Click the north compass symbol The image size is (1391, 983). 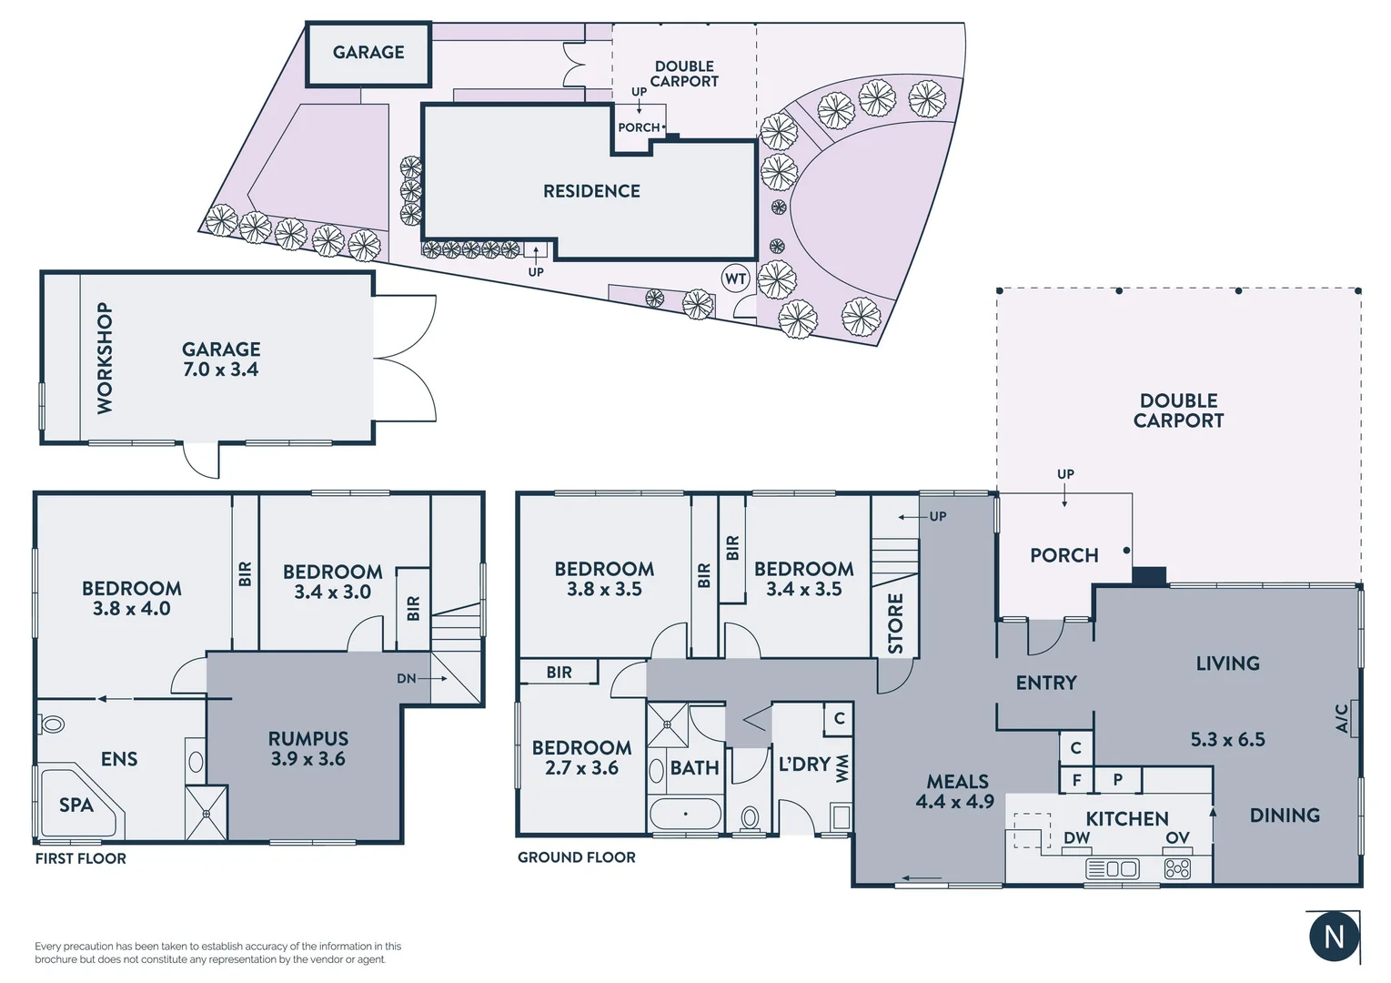[1334, 937]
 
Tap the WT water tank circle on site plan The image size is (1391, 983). [735, 279]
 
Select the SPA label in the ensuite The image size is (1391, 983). [76, 806]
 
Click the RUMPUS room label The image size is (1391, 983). [308, 738]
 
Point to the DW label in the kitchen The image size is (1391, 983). [1076, 837]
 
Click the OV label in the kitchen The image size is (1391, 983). [1177, 837]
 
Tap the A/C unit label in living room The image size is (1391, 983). [1342, 717]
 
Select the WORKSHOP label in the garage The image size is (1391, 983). [106, 358]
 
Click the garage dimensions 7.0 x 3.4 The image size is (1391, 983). [221, 370]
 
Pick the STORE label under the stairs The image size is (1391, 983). [895, 623]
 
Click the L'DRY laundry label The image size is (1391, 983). [804, 765]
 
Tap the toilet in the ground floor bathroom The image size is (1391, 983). [750, 818]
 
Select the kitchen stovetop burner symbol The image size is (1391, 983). [1177, 869]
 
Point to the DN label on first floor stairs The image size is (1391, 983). [407, 678]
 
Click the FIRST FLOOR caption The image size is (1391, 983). [81, 858]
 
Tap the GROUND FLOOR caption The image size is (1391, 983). [577, 857]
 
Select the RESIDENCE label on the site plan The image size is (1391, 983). [591, 191]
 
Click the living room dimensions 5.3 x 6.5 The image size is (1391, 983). [1227, 739]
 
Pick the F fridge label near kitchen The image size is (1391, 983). [1076, 780]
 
